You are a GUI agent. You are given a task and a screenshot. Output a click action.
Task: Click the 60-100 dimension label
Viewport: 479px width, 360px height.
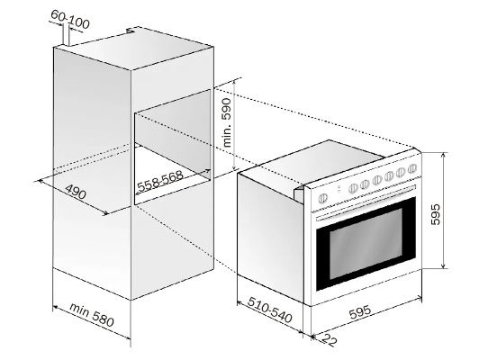[70, 19]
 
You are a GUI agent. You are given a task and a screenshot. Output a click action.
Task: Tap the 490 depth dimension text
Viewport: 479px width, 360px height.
[76, 192]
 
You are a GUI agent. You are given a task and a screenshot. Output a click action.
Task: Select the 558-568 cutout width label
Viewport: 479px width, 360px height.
[160, 183]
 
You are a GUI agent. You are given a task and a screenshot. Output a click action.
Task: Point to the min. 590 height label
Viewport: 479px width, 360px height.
[229, 121]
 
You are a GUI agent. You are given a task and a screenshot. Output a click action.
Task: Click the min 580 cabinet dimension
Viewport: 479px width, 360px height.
[92, 314]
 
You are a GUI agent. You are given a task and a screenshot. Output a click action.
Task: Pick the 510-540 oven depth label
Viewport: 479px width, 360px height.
[270, 310]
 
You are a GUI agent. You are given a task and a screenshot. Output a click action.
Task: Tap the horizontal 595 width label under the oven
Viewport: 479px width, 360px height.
[360, 311]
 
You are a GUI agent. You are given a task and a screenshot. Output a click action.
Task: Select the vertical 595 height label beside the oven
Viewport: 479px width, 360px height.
[436, 214]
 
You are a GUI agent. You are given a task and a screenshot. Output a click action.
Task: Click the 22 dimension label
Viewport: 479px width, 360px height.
[330, 340]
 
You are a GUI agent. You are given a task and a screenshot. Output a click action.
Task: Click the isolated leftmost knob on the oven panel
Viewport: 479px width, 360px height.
[322, 199]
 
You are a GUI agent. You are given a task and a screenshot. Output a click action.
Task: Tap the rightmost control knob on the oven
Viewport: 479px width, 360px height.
[412, 168]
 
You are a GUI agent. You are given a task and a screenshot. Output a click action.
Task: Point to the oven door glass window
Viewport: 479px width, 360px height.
[366, 244]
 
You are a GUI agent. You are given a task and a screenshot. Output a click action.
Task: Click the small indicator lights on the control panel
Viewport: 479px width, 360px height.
[339, 189]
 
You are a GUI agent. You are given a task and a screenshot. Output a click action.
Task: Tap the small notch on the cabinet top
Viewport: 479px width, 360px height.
[131, 31]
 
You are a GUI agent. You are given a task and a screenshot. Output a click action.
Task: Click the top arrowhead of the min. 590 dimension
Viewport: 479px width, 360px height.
[234, 81]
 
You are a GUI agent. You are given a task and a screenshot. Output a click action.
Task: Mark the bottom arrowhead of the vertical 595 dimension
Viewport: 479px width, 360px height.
[444, 266]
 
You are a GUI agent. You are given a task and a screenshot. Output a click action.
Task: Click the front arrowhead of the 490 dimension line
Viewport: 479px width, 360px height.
[104, 212]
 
